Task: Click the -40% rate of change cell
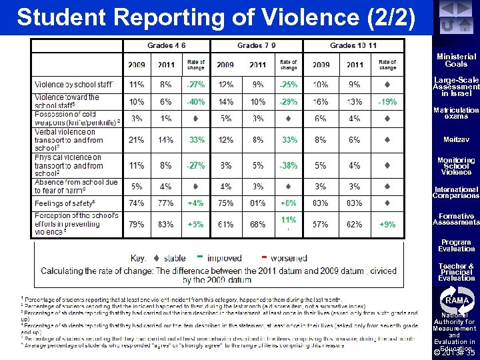[195, 102]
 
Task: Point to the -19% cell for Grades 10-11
[387, 102]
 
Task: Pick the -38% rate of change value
[288, 166]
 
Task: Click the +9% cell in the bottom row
[387, 225]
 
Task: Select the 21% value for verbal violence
[136, 140]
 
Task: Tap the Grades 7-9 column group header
[257, 45]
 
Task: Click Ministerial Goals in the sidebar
[456, 61]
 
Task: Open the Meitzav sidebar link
[456, 140]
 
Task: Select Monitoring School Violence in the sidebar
[456, 166]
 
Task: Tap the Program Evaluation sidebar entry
[456, 245]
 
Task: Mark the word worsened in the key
[288, 258]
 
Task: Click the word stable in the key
[175, 258]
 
